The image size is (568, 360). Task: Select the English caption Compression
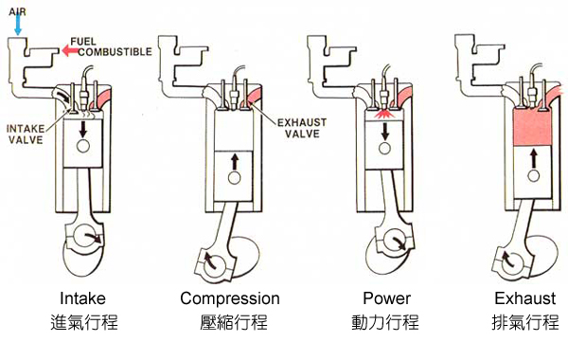click(x=230, y=298)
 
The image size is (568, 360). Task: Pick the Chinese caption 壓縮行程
click(x=230, y=323)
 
